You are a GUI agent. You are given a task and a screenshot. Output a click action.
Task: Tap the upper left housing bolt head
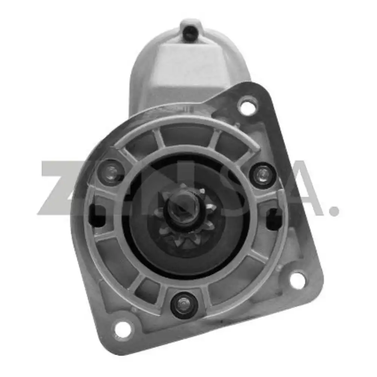[x=110, y=172]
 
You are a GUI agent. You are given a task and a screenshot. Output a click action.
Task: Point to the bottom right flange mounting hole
[x=297, y=280]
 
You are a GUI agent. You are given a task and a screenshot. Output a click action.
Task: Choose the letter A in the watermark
[x=302, y=188]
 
